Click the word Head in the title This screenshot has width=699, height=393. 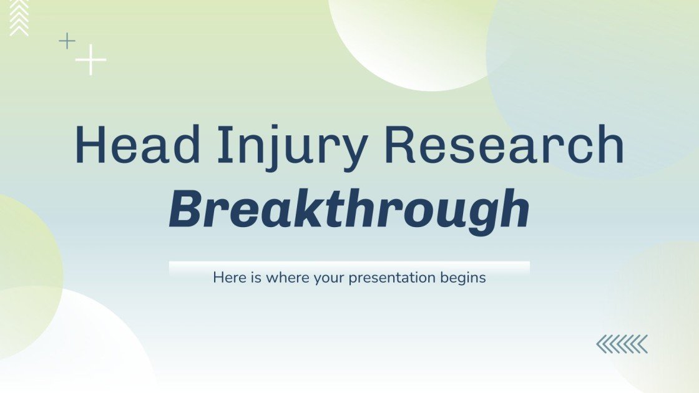[128, 146]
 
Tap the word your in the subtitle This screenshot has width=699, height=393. [328, 278]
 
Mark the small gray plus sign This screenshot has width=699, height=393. [67, 41]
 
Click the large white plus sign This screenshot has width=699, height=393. [91, 60]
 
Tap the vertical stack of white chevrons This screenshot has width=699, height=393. [19, 17]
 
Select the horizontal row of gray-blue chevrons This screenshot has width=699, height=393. [622, 344]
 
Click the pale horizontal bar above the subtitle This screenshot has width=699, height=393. [349, 266]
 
